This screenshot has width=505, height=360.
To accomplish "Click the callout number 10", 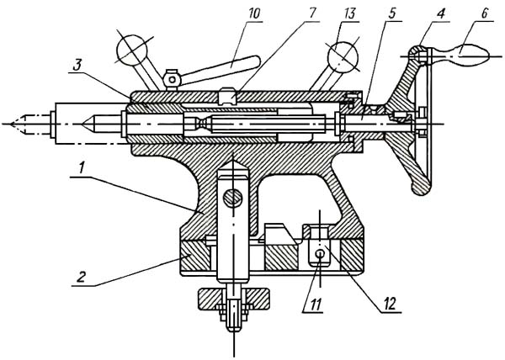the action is point(254,14).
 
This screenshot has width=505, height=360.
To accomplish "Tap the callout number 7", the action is point(312,13).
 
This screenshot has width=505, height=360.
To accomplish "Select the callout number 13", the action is point(349,14).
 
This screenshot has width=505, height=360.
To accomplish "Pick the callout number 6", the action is point(485,13).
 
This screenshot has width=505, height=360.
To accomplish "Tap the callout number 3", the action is point(77,66).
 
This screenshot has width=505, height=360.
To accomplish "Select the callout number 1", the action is point(82,168).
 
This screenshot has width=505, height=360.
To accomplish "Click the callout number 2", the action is point(81,277).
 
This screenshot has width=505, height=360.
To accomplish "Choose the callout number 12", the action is point(391,304).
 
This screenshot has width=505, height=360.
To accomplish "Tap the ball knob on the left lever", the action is point(132,50).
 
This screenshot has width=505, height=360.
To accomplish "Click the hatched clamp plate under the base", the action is point(233,299).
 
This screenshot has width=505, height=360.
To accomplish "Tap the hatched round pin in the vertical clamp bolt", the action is point(233,198).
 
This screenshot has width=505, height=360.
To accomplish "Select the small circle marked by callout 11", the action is point(320,253).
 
